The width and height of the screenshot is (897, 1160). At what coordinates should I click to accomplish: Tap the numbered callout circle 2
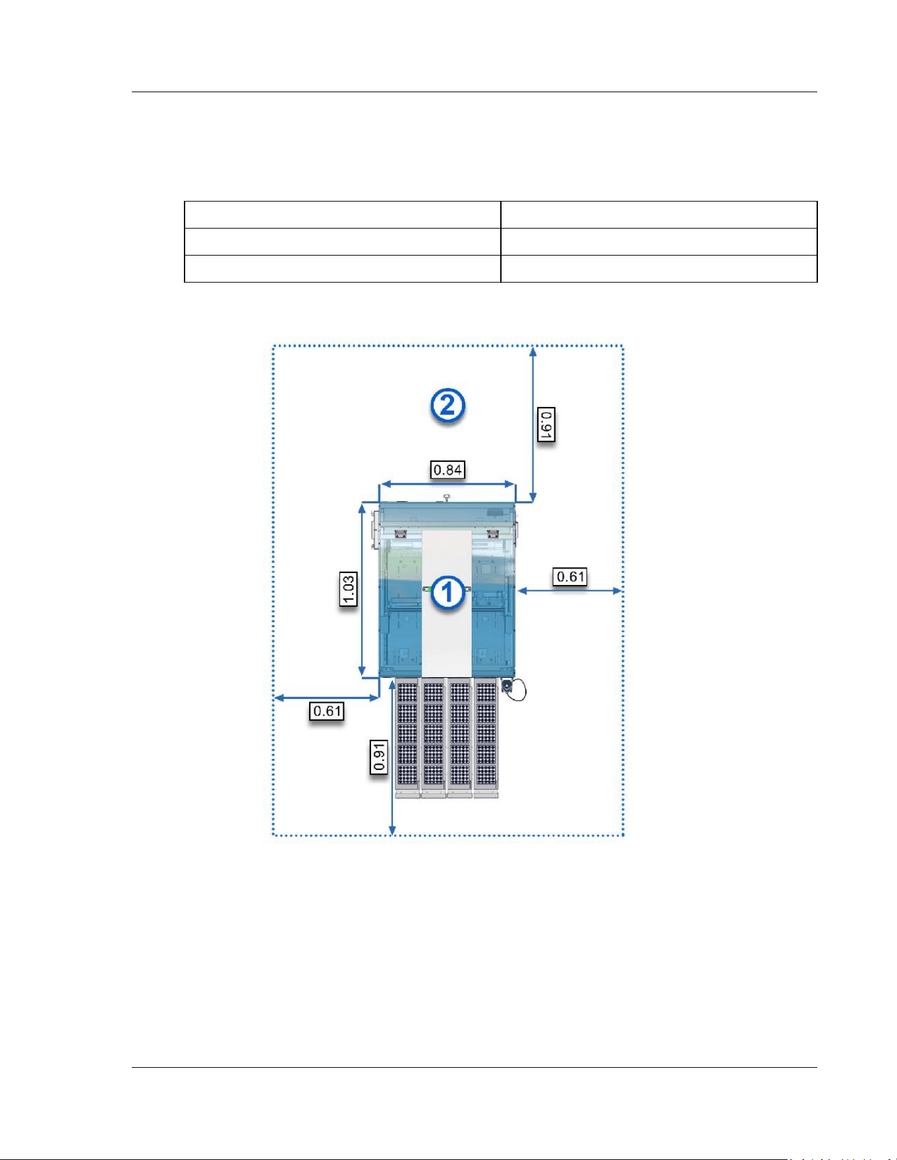(x=448, y=406)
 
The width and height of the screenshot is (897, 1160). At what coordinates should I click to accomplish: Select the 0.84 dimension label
(x=448, y=470)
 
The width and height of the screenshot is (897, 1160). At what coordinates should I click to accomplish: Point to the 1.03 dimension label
(x=348, y=590)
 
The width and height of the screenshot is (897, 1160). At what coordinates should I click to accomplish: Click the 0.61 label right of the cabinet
(x=571, y=577)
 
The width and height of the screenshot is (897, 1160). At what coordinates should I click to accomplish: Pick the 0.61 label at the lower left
(x=327, y=711)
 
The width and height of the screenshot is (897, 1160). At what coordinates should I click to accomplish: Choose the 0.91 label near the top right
(x=546, y=425)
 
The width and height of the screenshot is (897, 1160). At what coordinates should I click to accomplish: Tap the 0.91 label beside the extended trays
(x=378, y=756)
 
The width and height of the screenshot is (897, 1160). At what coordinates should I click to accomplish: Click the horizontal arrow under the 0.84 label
(x=448, y=484)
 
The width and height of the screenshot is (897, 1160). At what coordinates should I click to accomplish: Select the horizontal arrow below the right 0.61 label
(x=570, y=591)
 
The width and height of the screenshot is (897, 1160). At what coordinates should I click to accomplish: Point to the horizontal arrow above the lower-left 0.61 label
(x=327, y=697)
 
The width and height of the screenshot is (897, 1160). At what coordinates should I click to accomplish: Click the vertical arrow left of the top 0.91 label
(x=533, y=425)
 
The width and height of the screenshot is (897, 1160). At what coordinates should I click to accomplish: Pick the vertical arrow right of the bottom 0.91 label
(x=393, y=758)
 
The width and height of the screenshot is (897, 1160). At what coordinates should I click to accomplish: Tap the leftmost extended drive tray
(x=407, y=738)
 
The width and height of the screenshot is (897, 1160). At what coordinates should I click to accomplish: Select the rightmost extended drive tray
(x=486, y=738)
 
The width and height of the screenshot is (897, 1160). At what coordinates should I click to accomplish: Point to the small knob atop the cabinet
(x=447, y=497)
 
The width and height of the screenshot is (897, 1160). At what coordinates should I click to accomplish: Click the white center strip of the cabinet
(x=446, y=603)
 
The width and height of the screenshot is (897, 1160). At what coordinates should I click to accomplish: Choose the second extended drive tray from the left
(x=433, y=738)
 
